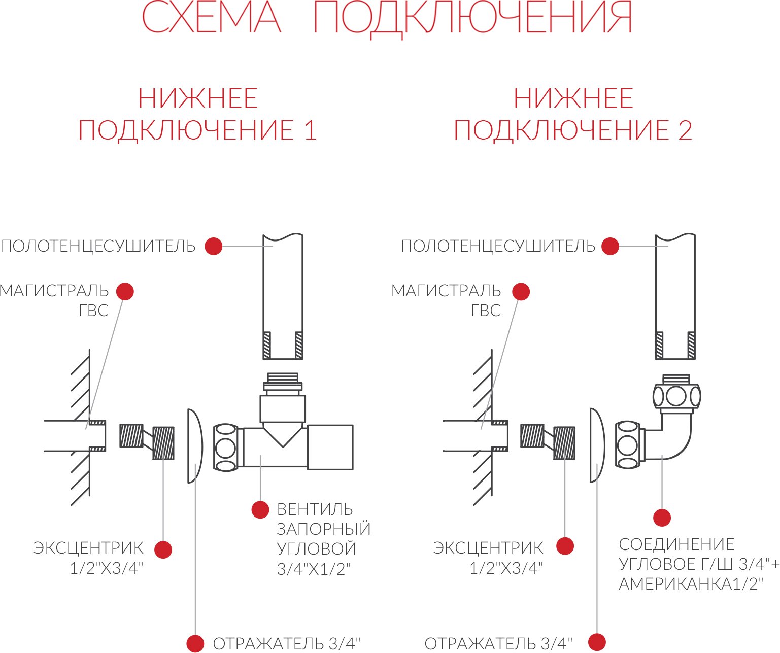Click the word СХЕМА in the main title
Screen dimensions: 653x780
(211, 17)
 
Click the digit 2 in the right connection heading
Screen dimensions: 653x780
(685, 130)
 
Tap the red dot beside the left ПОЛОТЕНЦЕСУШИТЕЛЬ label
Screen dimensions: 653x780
(214, 246)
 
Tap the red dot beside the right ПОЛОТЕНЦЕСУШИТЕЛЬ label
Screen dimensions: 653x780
(610, 246)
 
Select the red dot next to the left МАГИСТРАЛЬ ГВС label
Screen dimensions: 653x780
(125, 291)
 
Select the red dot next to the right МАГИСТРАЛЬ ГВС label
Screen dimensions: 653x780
(521, 291)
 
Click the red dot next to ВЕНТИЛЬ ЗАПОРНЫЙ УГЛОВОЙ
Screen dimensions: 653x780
(260, 509)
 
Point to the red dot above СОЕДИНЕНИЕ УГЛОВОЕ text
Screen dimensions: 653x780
(662, 518)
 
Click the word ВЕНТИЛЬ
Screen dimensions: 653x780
(315, 509)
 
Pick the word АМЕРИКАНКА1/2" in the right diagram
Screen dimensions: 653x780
(691, 584)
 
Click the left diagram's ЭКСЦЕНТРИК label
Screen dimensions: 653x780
(88, 548)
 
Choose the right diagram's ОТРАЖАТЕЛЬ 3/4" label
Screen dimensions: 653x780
(498, 643)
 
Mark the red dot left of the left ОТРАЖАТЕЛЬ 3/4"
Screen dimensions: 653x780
(195, 643)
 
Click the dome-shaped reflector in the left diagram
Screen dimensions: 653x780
(195, 446)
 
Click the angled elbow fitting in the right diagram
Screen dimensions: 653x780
(672, 436)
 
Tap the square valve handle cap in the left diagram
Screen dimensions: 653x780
(330, 447)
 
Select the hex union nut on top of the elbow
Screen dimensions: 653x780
(676, 396)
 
